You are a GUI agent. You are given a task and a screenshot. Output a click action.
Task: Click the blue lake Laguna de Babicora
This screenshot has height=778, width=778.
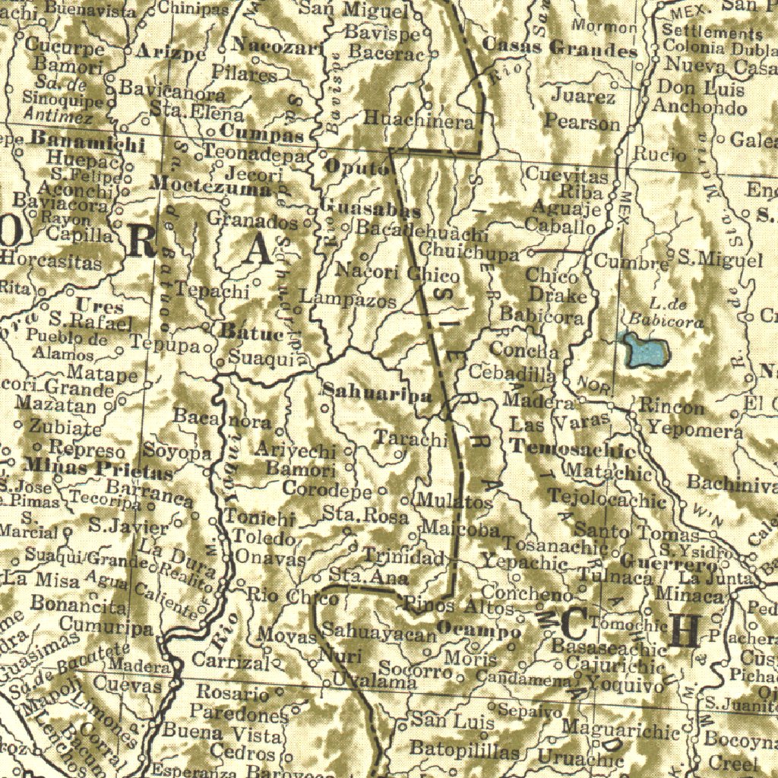point(646,349)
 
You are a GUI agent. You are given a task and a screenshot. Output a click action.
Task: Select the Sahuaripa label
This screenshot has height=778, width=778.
point(378,394)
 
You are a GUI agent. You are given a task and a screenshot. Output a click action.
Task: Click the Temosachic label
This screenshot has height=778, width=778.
point(573,448)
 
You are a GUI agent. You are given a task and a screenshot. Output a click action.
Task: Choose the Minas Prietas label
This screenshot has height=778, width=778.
point(98,467)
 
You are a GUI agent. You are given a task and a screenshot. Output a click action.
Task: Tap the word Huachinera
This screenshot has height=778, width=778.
point(419,119)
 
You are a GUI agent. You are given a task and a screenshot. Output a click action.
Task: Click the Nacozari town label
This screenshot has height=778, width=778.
point(278,45)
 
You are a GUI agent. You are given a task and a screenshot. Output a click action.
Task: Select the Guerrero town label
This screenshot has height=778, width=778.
point(669,564)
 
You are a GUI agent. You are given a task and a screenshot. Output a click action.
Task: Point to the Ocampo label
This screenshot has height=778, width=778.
point(479,631)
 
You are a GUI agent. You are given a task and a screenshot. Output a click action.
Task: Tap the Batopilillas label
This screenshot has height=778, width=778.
point(465,749)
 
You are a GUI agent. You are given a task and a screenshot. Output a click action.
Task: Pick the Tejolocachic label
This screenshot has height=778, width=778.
point(607,499)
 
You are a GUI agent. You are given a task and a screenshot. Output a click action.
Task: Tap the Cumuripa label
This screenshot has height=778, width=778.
point(106,626)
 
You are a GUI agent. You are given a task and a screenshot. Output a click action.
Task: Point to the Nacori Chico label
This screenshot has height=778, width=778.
point(397,273)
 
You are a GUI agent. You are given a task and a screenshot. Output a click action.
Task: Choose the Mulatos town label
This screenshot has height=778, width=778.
point(454,501)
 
